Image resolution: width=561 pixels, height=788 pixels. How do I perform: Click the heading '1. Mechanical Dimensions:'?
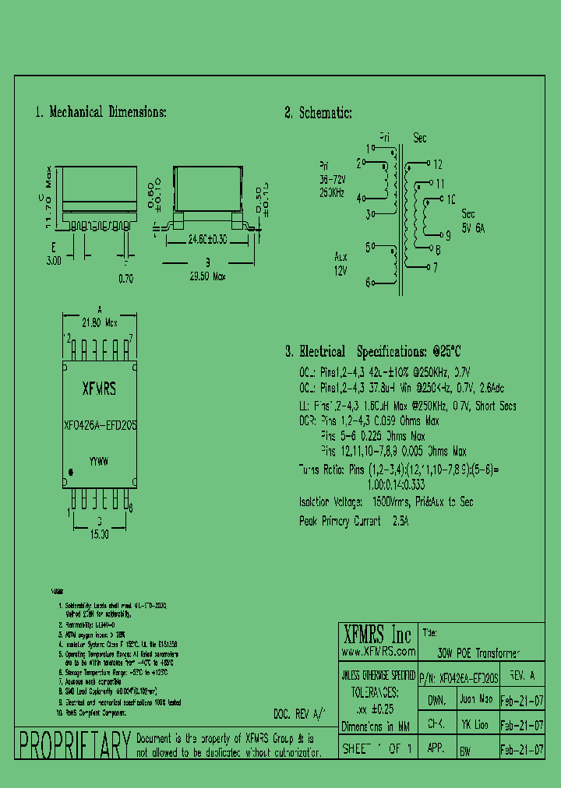[x=101, y=112]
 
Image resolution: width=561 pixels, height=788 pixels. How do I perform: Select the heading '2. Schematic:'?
[x=318, y=113]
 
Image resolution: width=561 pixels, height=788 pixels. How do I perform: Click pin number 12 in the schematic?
[x=437, y=164]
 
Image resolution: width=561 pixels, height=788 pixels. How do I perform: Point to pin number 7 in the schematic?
[x=436, y=267]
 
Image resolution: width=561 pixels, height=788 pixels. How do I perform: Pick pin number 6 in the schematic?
[x=368, y=283]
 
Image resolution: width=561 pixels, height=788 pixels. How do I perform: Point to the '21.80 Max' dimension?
[x=100, y=320]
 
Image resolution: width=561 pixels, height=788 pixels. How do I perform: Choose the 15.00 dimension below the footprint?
[x=100, y=535]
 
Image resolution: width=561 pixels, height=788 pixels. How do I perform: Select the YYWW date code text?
[x=99, y=462]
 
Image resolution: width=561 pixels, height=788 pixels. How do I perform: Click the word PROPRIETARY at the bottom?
[x=73, y=745]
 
